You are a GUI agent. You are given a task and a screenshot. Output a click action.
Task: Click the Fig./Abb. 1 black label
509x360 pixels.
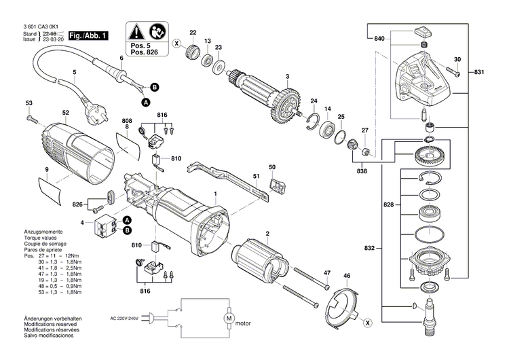click(x=86, y=35)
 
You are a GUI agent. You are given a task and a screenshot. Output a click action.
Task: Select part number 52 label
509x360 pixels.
click(x=65, y=113)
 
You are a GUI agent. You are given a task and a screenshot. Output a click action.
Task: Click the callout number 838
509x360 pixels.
click(x=364, y=171)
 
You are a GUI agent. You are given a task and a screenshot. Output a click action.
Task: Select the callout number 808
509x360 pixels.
click(x=126, y=122)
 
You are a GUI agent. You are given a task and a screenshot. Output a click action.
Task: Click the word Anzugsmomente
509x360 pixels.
click(x=43, y=232)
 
